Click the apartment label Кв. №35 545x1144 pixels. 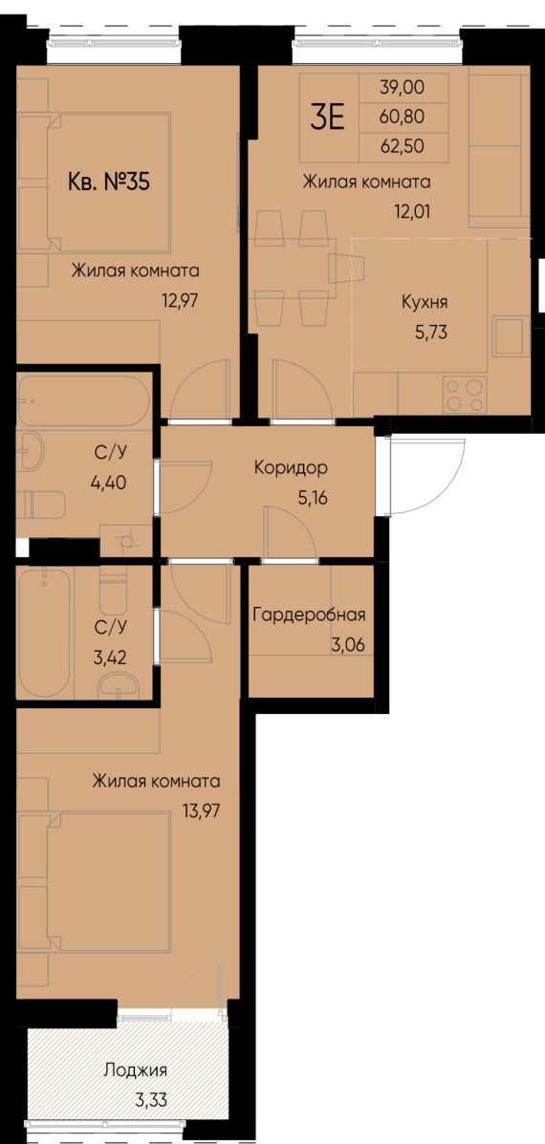(109, 181)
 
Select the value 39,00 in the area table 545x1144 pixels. (401, 88)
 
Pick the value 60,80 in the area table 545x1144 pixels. (401, 117)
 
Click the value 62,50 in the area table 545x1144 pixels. (401, 146)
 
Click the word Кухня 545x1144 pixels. (425, 303)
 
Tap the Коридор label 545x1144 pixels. (291, 468)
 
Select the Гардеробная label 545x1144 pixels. (309, 615)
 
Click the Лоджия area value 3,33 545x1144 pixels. (151, 1100)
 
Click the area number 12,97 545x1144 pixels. (181, 298)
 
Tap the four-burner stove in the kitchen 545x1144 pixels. (465, 394)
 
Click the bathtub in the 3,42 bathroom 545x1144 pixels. (44, 634)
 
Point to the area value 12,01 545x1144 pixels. (411, 211)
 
